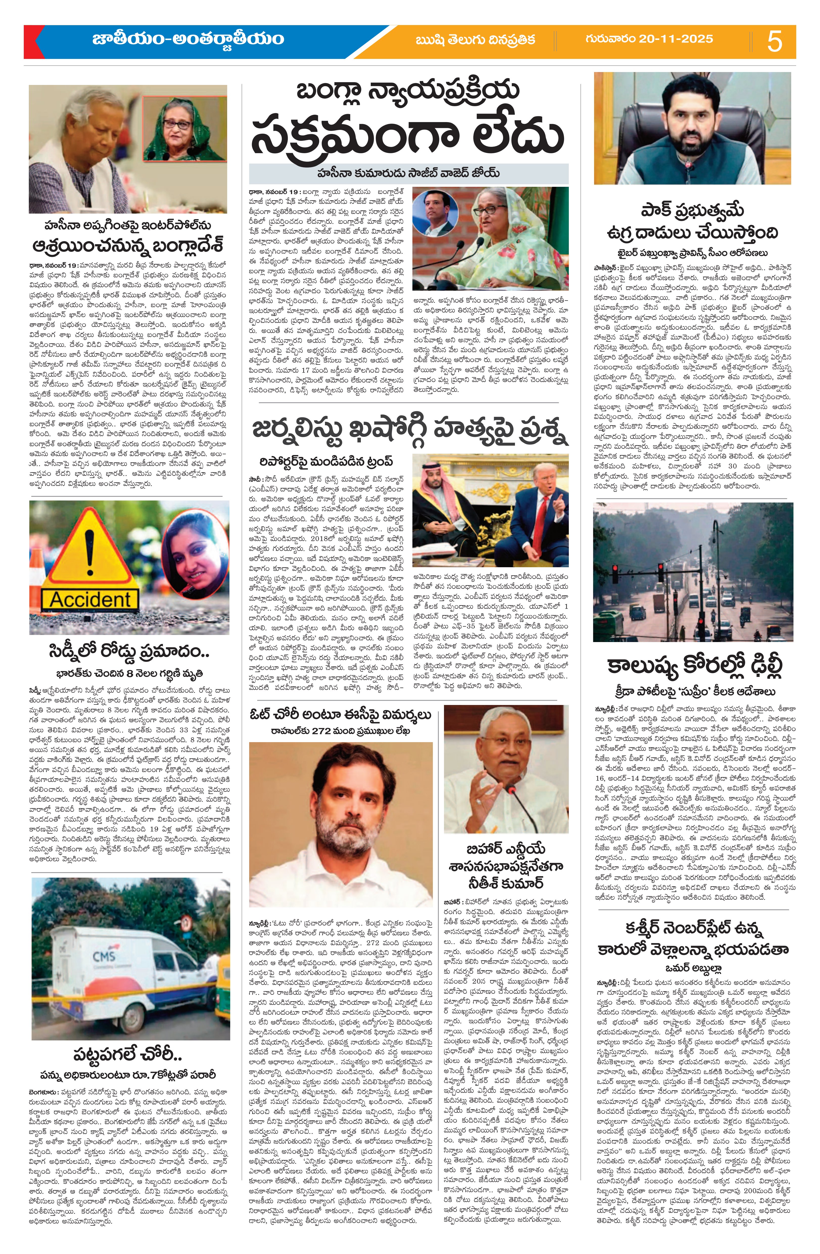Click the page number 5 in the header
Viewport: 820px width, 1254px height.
[774, 41]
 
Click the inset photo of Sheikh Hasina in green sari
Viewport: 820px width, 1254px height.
[184, 129]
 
